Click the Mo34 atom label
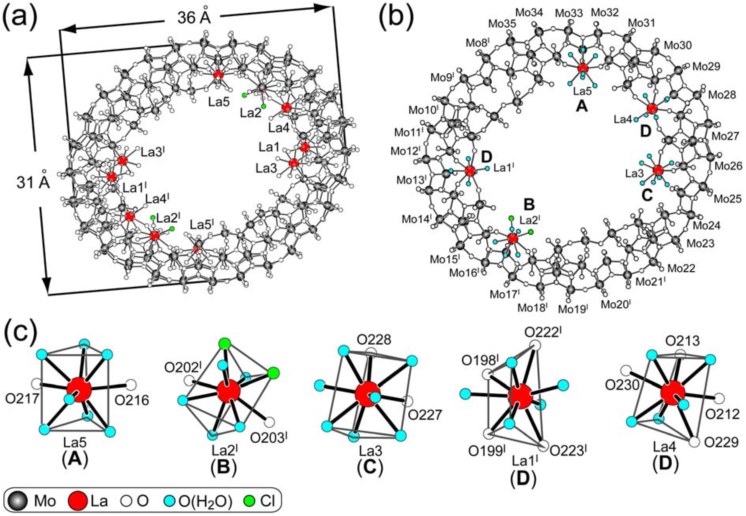(529, 13)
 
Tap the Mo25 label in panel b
(727, 198)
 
